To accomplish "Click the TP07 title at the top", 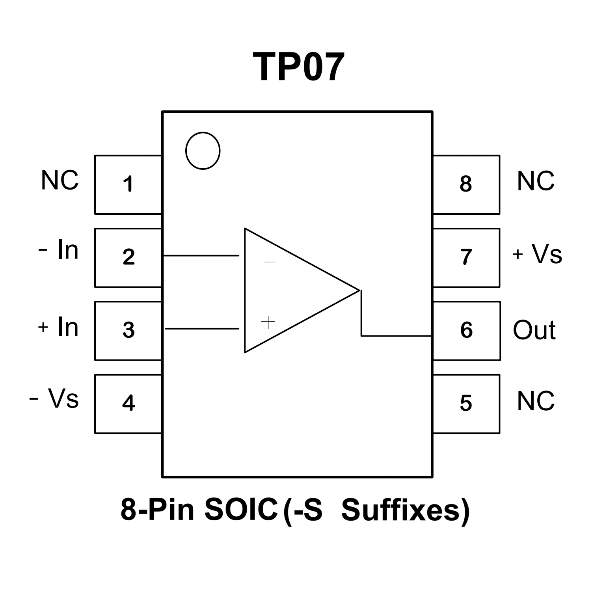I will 298,67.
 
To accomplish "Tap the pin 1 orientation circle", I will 203,151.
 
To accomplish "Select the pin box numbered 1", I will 128,184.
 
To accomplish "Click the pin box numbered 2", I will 128,257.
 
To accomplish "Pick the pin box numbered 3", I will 128,330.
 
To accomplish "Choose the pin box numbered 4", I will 128,404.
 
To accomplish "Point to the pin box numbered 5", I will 466,404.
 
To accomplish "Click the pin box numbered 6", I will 466,330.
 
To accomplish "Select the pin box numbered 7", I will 466,257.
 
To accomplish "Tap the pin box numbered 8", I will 466,184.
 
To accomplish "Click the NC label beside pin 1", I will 60,181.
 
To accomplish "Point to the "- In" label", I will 59,249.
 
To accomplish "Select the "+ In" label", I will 58,327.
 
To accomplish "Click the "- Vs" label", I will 54,398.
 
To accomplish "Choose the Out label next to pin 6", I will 534,330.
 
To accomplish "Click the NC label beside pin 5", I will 535,401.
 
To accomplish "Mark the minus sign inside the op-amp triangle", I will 270,262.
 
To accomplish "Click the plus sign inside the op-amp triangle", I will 268,322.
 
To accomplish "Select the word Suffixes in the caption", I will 406,510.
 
